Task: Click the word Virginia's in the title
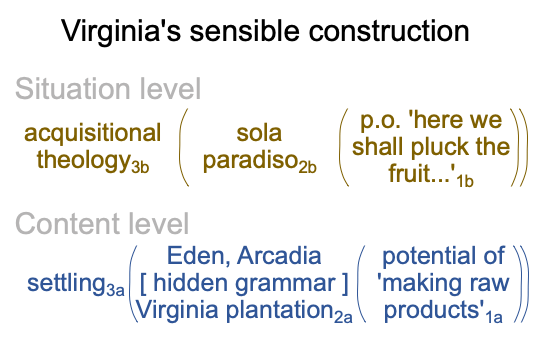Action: coord(121,32)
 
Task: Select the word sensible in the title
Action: coord(245,30)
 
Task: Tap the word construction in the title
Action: coord(389,31)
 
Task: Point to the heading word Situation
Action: coord(73,89)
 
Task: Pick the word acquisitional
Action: coord(92,133)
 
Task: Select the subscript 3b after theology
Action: coord(140,167)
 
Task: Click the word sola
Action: coord(259,133)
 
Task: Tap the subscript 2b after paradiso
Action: coord(307,167)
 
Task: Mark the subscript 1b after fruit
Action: coord(465,181)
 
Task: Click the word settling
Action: coord(66,283)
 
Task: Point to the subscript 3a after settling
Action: coord(115,290)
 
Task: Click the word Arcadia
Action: coord(279,256)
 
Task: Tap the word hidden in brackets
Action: coord(193,283)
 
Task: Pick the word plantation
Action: coord(279,310)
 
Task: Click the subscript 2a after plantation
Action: coord(343,317)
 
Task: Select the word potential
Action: coord(426,256)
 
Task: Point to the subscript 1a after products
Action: coord(494,317)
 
